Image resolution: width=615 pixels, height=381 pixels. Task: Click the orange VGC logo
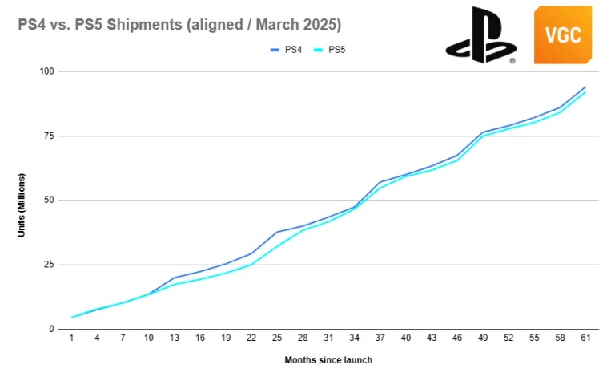point(562,34)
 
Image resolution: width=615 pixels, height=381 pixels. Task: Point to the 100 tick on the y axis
point(46,71)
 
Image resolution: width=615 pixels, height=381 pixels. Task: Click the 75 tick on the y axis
point(48,136)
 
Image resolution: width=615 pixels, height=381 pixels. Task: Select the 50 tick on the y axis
point(48,201)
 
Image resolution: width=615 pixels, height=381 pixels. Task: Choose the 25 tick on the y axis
point(48,265)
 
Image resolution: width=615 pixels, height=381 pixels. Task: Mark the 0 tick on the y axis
point(50,329)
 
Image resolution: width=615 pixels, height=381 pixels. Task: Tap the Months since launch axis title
point(328,360)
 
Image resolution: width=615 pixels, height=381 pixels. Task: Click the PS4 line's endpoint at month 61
point(585,87)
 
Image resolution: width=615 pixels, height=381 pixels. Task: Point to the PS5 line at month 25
point(278,246)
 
